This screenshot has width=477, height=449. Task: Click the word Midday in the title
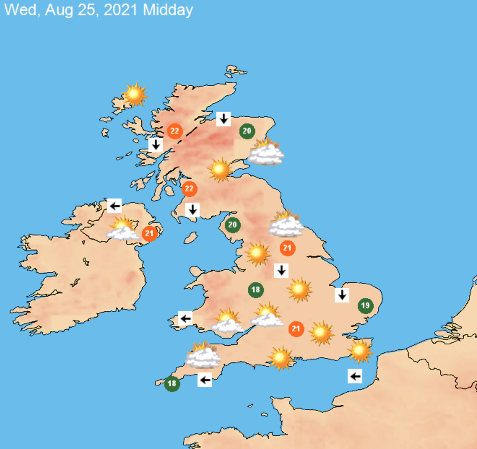tap(168, 10)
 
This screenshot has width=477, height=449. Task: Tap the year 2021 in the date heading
tap(120, 10)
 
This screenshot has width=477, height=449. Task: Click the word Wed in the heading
tap(20, 10)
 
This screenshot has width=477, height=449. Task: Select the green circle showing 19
tap(365, 306)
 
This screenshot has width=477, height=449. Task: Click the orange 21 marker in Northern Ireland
tap(149, 234)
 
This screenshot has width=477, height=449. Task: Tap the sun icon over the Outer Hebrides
tap(135, 95)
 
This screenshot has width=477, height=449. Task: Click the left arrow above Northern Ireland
tap(114, 206)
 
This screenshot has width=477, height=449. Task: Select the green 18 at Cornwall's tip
tap(172, 383)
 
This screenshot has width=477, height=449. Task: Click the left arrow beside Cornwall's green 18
tap(205, 380)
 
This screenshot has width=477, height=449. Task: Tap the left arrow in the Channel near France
tap(355, 376)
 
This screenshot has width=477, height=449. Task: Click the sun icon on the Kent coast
tap(360, 351)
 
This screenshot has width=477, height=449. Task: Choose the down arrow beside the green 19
tap(342, 295)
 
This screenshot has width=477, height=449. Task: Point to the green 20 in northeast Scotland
tap(247, 131)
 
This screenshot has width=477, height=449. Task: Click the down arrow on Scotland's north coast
tap(224, 118)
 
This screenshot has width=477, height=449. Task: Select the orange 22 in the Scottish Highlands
tap(174, 131)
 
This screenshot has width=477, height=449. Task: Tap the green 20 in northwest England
tap(232, 225)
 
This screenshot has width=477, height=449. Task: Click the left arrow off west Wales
tap(185, 318)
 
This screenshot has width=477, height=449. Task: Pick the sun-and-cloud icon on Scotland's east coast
tap(266, 152)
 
